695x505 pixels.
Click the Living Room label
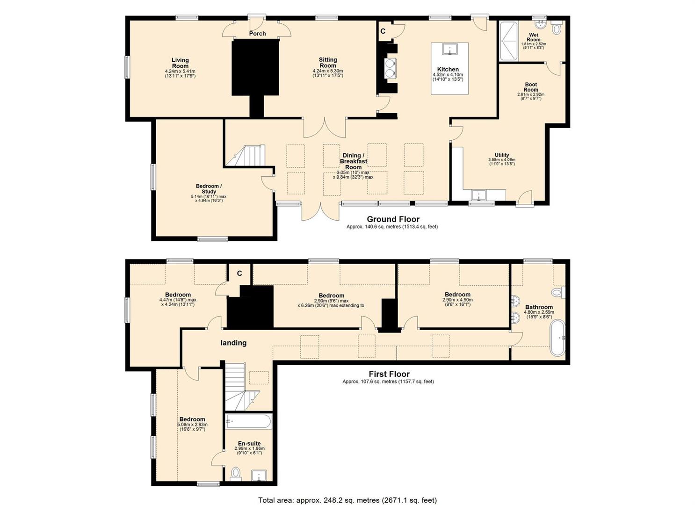click(180, 63)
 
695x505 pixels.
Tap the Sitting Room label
click(328, 62)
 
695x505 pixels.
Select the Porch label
click(258, 34)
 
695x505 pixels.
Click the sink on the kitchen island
click(449, 49)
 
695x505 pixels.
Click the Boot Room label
click(531, 87)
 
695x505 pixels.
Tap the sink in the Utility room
click(479, 195)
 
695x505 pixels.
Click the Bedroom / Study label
click(209, 189)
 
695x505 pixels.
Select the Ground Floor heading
click(393, 219)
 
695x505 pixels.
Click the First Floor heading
click(389, 374)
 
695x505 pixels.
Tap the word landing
click(233, 343)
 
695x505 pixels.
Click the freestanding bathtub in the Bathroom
click(557, 337)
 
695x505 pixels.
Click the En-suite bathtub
click(249, 421)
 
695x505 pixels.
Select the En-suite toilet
click(236, 474)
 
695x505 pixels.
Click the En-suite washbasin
click(259, 476)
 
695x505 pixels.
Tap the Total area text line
click(347, 491)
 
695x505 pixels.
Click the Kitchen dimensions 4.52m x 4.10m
click(448, 75)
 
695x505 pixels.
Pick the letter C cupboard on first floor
click(239, 273)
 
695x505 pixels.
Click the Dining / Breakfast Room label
click(354, 161)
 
